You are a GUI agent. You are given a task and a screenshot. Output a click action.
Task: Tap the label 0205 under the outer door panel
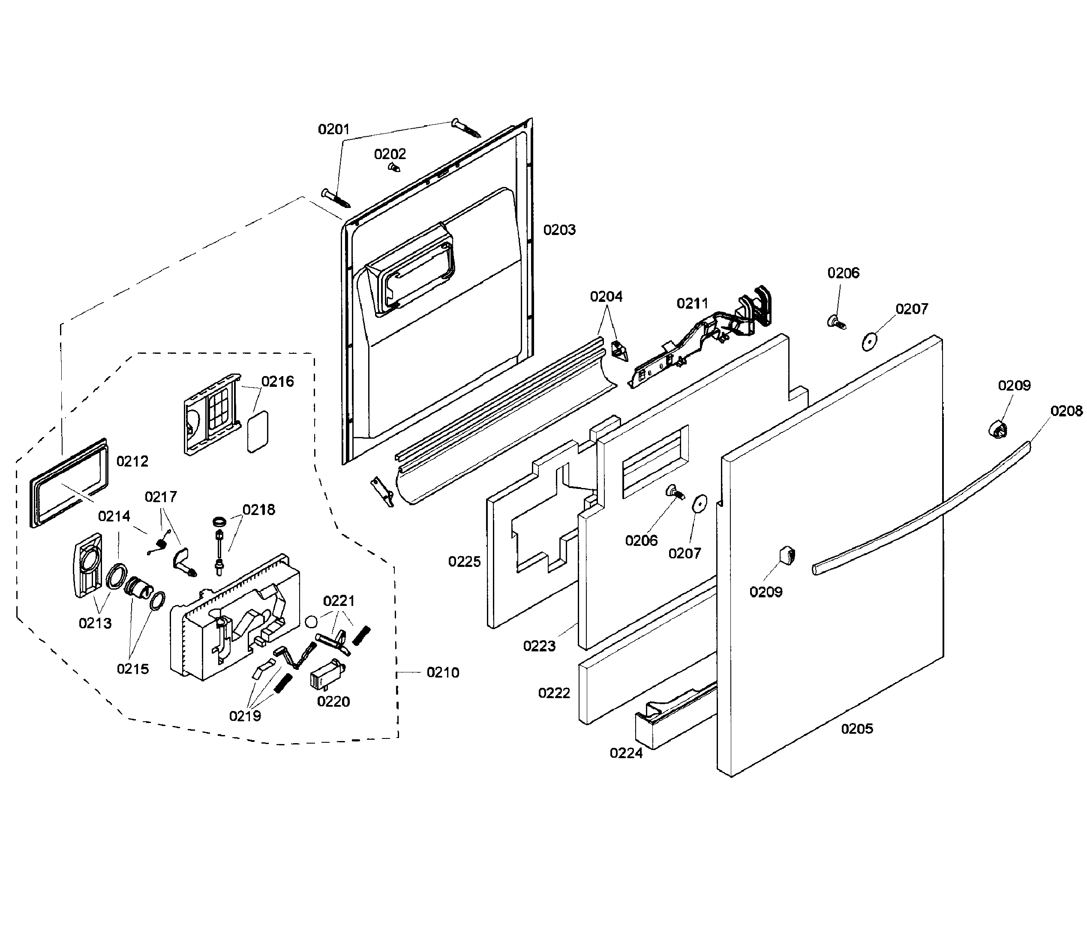click(x=857, y=729)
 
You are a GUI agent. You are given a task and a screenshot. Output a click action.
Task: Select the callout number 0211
click(x=692, y=303)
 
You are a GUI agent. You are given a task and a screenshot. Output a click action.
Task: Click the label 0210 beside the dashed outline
click(x=443, y=672)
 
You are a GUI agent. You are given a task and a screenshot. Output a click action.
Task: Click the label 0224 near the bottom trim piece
click(x=626, y=753)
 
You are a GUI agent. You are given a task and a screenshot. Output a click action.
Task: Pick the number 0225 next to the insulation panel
click(x=464, y=561)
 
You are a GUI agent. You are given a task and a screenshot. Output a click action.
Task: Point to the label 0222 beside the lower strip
click(x=554, y=693)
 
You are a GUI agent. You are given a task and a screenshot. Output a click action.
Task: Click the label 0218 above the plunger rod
click(x=258, y=509)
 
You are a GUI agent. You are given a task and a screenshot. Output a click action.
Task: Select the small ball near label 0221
click(x=311, y=621)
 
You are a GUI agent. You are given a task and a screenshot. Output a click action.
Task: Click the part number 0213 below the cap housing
click(x=95, y=623)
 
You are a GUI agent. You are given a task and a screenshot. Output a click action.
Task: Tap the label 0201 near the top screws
click(x=333, y=130)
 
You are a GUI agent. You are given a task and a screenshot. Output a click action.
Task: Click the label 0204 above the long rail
click(x=606, y=297)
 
